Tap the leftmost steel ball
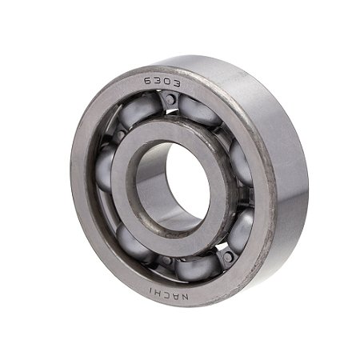click(x=104, y=168)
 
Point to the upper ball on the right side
click(x=240, y=160)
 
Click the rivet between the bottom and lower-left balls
click(x=164, y=261)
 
